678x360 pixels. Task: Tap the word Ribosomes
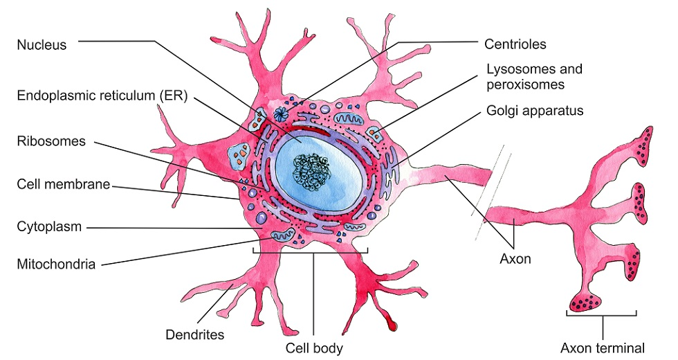tap(52, 141)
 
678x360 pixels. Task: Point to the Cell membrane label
tap(63, 186)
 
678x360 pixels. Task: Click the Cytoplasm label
tap(49, 226)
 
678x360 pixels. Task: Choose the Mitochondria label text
tap(57, 263)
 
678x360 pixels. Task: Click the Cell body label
tap(314, 347)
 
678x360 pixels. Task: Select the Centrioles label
tap(516, 44)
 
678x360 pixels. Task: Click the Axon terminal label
tap(602, 348)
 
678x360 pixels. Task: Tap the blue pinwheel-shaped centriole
tap(281, 114)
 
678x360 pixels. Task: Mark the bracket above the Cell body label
tap(311, 251)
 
